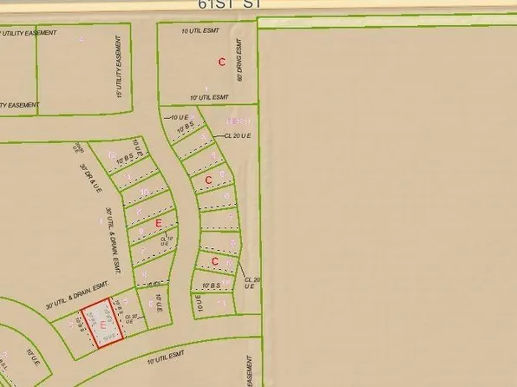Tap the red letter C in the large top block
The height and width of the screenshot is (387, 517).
tap(222, 62)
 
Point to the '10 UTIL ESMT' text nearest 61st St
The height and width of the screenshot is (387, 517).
tap(200, 30)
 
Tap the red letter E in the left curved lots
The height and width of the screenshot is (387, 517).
tap(158, 224)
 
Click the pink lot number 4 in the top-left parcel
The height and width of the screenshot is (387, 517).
tap(82, 39)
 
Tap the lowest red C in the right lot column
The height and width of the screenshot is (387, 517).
tap(214, 261)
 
